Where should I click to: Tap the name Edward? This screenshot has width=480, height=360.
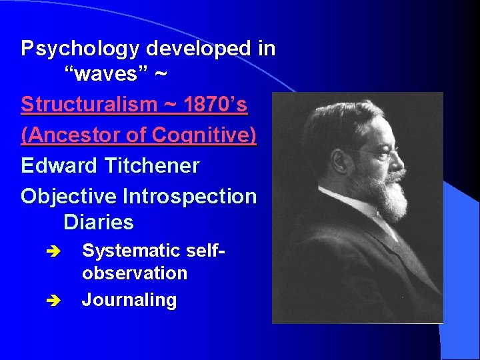pyautogui.click(x=59, y=166)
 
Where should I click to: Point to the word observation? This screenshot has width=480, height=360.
pyautogui.click(x=134, y=274)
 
